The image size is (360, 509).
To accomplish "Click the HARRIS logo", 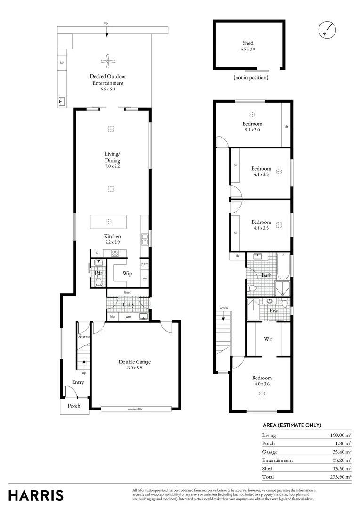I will [x=36, y=495].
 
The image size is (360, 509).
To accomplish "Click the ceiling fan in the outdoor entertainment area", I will [x=108, y=60].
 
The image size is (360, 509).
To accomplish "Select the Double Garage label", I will [x=134, y=364].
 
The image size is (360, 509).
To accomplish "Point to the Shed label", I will [x=248, y=46].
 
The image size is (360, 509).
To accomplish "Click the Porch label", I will [x=74, y=406].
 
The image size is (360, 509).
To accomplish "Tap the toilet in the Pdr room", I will [x=98, y=282].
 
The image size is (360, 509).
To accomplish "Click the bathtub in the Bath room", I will [x=284, y=267].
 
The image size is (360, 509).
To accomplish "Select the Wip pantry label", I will [x=127, y=273].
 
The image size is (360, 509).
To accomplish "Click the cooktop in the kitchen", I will [x=115, y=254].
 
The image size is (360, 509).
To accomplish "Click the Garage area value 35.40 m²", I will [x=341, y=452].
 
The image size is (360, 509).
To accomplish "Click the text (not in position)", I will [x=251, y=77].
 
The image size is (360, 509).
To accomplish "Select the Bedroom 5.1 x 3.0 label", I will [x=252, y=127].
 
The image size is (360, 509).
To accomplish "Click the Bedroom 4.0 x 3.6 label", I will [x=262, y=381].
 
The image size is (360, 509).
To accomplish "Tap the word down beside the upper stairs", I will [x=223, y=308].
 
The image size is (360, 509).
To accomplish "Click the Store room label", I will [x=84, y=337].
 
